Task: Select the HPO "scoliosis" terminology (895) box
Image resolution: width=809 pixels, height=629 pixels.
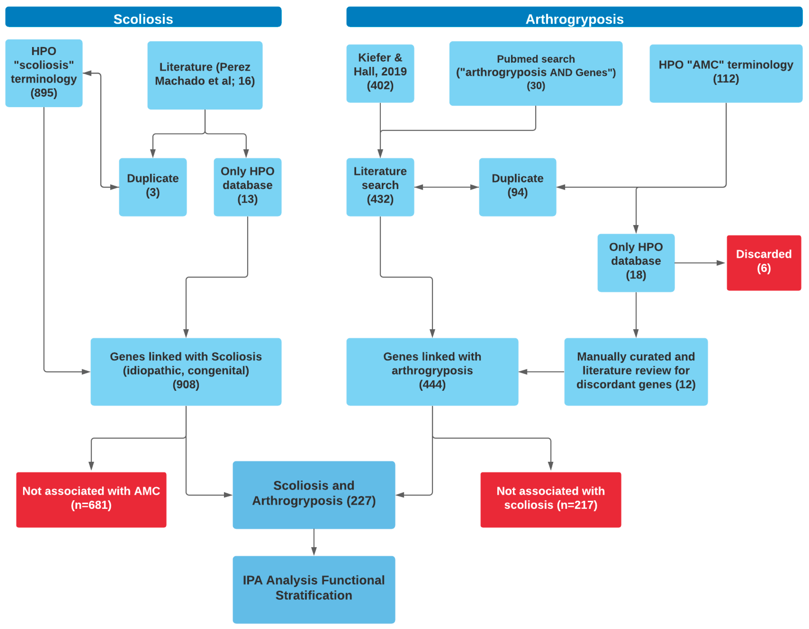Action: tap(44, 73)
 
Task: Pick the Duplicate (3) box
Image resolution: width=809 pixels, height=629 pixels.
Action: tap(153, 187)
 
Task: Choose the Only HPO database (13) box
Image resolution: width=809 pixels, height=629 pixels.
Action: tap(248, 187)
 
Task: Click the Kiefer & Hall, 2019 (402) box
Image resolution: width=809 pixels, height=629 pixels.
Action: tap(380, 73)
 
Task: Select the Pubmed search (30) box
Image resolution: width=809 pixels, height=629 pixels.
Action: tap(536, 73)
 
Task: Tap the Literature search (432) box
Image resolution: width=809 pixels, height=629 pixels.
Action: tap(380, 187)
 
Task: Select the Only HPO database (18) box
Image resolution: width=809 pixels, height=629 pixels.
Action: tap(636, 263)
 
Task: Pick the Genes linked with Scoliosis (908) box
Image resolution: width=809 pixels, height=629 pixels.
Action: tap(186, 372)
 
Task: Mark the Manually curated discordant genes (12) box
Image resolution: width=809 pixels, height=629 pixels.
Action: tap(636, 372)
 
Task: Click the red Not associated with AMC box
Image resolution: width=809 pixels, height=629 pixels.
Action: tap(91, 500)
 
